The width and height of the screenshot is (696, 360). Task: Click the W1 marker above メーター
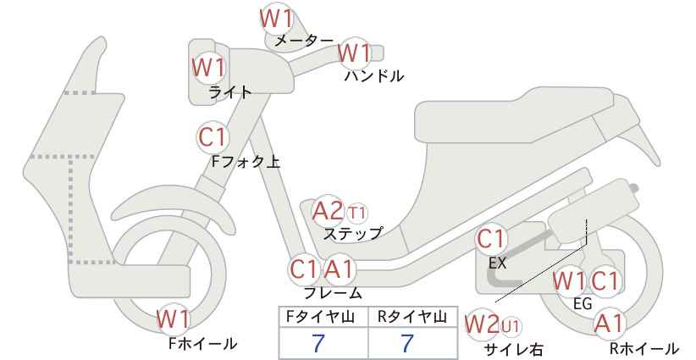[x=276, y=19]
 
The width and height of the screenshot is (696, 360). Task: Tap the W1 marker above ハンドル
[x=354, y=53]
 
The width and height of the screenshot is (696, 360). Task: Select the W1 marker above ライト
[x=208, y=68]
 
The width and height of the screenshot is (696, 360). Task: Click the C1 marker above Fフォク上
[x=213, y=137]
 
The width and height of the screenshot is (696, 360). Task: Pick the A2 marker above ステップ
[x=328, y=211]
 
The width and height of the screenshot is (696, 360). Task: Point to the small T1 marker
[x=357, y=213]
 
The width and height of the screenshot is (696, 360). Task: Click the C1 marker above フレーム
[x=304, y=269]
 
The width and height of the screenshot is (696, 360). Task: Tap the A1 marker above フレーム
[x=340, y=269]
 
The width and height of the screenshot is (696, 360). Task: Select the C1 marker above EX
[x=491, y=239]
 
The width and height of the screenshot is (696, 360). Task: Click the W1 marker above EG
[x=569, y=281]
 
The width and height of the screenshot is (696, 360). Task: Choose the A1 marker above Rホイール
[x=610, y=324]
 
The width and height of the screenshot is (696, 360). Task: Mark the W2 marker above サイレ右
[x=482, y=324]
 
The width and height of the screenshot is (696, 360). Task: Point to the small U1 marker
[x=511, y=326]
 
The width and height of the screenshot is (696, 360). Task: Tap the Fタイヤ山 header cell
[x=323, y=317]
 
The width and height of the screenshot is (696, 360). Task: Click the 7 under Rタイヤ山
[x=406, y=343]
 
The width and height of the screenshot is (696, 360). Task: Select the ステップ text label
[x=352, y=234]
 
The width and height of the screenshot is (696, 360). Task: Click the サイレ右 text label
[x=514, y=350]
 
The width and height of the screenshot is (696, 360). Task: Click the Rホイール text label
[x=644, y=348]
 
